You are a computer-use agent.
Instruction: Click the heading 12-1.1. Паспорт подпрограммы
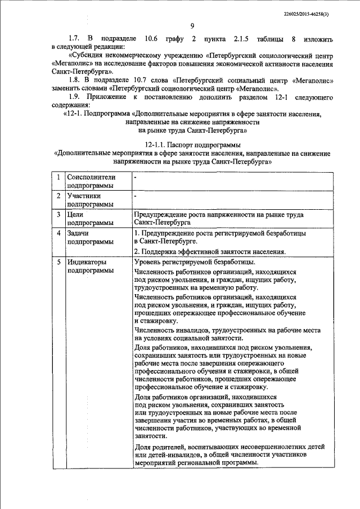pyautogui.click(x=192, y=145)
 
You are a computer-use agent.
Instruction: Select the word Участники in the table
pyautogui.click(x=84, y=196)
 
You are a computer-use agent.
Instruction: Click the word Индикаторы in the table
pyautogui.click(x=87, y=262)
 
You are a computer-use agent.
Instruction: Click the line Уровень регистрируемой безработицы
pyautogui.click(x=195, y=262)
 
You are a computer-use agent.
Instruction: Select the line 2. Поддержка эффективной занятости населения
pyautogui.click(x=210, y=251)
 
